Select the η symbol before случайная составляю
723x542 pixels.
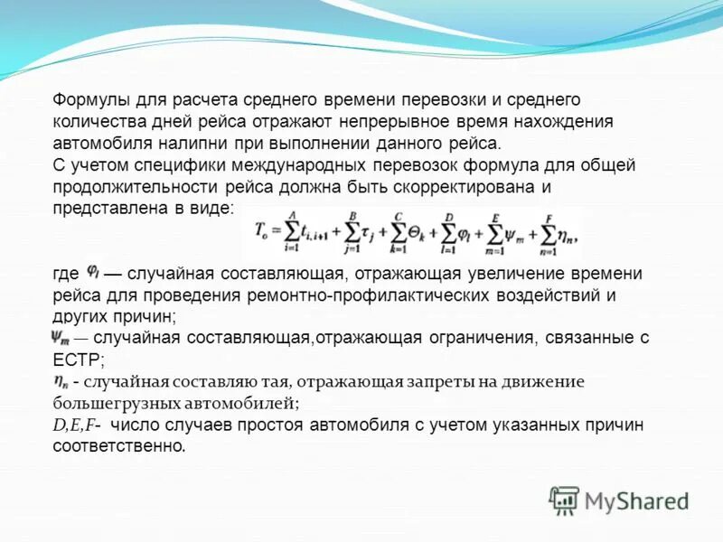click(x=60, y=380)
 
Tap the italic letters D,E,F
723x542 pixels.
click(x=73, y=425)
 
